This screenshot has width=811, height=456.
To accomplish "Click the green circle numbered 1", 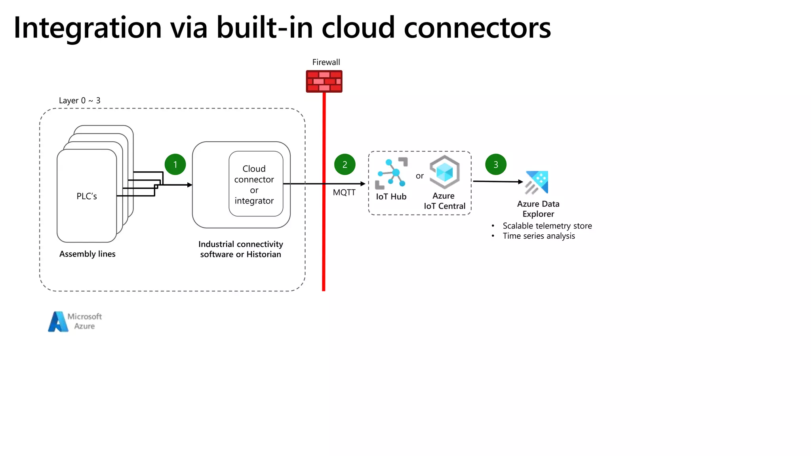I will [175, 164].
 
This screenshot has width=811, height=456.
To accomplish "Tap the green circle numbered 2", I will [345, 164].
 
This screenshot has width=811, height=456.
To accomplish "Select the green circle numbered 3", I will [495, 164].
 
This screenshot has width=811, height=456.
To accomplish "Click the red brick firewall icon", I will [324, 81].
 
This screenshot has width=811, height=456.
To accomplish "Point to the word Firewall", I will [326, 62].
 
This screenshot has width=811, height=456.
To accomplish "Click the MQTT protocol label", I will [344, 192].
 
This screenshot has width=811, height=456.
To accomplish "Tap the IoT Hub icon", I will [391, 173].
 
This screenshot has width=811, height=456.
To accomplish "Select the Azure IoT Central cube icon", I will [444, 172].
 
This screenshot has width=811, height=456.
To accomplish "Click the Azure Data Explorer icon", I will [537, 182].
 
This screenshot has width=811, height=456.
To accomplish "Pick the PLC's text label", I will [87, 196].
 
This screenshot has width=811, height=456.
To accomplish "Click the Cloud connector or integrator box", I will [255, 184].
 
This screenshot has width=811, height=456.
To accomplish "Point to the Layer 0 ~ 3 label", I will [80, 101].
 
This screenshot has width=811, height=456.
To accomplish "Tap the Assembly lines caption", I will [88, 254].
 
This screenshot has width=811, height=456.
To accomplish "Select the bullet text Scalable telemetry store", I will [547, 226].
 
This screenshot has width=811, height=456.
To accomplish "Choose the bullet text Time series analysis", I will [539, 236].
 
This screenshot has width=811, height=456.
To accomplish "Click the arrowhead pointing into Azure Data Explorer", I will [521, 182].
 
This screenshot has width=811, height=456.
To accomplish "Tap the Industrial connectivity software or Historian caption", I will [240, 249].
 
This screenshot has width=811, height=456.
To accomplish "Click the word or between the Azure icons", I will [419, 176].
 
